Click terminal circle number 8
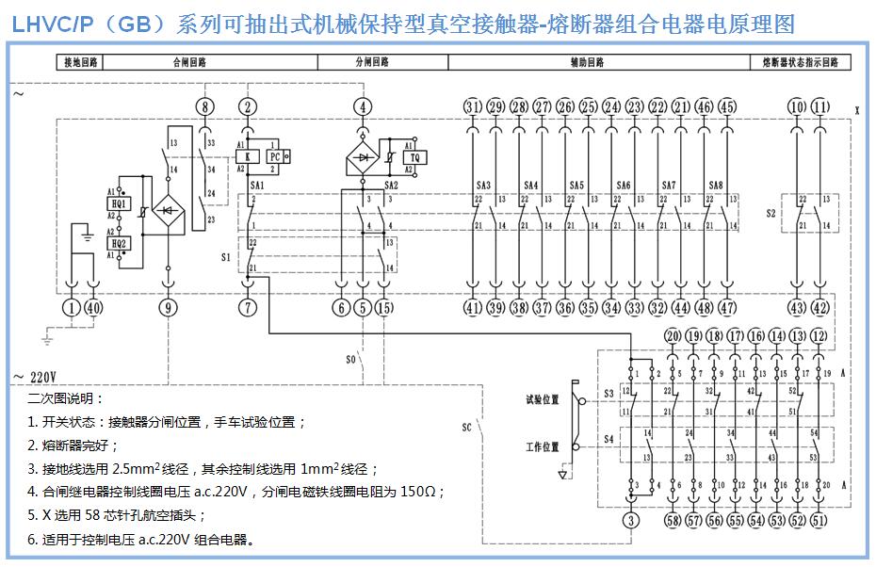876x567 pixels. tap(206, 106)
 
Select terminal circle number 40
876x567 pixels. tap(93, 307)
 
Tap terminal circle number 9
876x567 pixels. tap(169, 307)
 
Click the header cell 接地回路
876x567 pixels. tap(79, 63)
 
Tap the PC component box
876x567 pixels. tap(275, 157)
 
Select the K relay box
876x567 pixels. tap(248, 157)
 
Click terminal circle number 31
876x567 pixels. tap(473, 106)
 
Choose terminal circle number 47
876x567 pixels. tap(727, 307)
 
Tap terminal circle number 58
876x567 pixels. tap(672, 521)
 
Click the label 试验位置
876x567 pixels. tap(542, 399)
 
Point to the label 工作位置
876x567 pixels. tap(542, 446)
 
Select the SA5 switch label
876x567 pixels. tap(576, 186)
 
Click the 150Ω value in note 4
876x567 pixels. tap(423, 492)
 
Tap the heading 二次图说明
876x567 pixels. tap(66, 398)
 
